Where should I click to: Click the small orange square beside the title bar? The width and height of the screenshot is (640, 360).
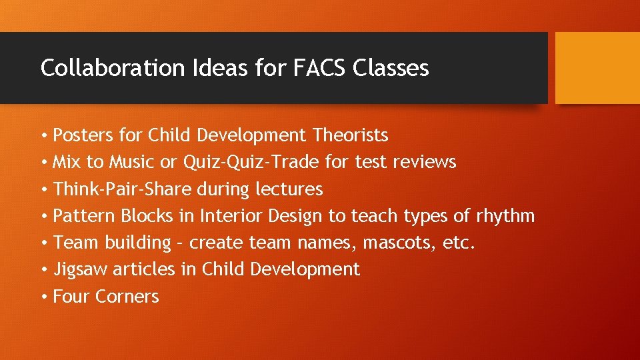(x=597, y=68)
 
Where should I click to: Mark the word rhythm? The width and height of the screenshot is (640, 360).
(x=505, y=216)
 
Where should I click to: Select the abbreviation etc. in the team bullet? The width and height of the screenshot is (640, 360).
(x=459, y=243)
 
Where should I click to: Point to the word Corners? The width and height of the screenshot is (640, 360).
(x=127, y=297)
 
